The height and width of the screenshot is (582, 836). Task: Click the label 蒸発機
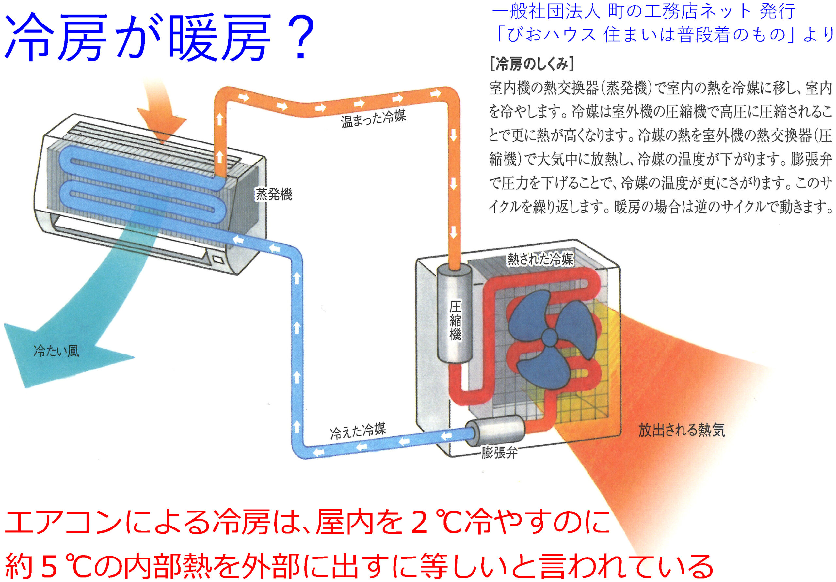(x=273, y=195)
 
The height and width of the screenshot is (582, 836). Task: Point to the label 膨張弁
(x=499, y=453)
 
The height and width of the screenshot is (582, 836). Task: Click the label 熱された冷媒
(x=540, y=259)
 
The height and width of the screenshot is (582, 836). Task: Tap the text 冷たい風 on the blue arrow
(x=56, y=351)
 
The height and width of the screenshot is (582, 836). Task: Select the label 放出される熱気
(x=681, y=430)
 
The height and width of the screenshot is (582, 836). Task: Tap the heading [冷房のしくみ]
(x=532, y=64)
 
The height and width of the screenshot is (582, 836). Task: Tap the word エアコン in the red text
(x=64, y=522)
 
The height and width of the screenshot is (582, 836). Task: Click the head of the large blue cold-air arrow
(x=44, y=349)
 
